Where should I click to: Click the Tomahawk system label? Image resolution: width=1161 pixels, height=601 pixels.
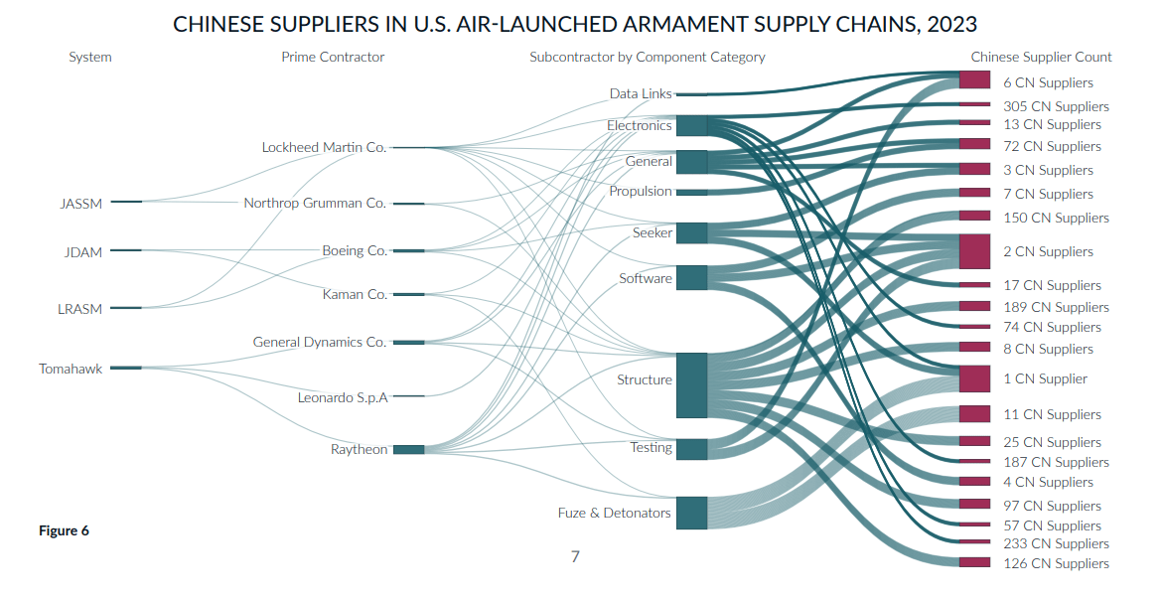click(71, 369)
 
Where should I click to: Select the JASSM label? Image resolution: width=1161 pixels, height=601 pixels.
click(80, 204)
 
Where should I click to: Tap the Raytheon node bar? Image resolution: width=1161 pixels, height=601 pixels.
click(409, 449)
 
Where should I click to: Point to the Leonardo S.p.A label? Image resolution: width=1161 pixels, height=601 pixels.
click(343, 398)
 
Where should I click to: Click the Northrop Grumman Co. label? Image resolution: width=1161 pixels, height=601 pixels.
click(316, 203)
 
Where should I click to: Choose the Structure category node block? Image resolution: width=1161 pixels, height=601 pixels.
click(691, 385)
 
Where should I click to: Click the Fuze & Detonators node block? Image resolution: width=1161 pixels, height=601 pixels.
click(691, 513)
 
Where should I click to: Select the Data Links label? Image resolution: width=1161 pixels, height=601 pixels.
click(641, 94)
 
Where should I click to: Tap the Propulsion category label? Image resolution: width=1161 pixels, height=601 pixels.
click(641, 191)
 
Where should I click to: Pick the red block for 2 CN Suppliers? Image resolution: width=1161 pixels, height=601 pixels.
click(974, 251)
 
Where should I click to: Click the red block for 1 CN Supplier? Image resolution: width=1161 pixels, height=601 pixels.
click(974, 377)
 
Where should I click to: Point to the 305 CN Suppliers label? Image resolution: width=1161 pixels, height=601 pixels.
click(1056, 106)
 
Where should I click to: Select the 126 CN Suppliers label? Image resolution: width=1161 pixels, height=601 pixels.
click(1056, 564)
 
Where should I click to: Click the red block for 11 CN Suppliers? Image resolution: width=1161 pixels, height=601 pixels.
click(974, 413)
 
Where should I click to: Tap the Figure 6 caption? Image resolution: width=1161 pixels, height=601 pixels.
click(64, 530)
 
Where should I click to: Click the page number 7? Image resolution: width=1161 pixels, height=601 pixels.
click(575, 556)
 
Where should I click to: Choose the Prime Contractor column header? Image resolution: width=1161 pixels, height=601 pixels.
click(333, 57)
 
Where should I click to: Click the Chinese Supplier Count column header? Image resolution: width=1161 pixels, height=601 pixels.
click(1041, 57)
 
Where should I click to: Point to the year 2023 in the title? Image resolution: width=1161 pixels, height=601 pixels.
click(950, 25)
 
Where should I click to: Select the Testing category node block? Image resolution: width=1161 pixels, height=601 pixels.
click(691, 449)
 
